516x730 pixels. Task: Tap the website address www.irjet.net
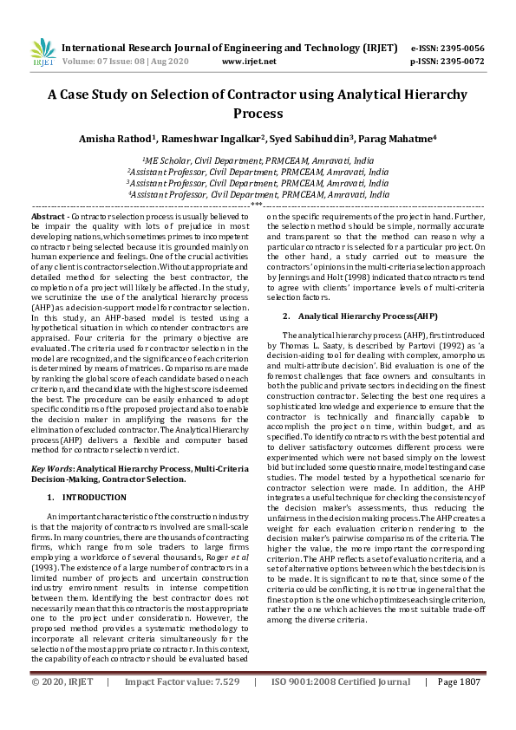point(249,62)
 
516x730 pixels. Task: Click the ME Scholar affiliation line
point(258,161)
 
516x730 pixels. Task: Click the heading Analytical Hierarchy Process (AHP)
point(356,316)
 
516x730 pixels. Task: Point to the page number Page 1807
point(458,707)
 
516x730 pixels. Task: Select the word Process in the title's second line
point(258,114)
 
